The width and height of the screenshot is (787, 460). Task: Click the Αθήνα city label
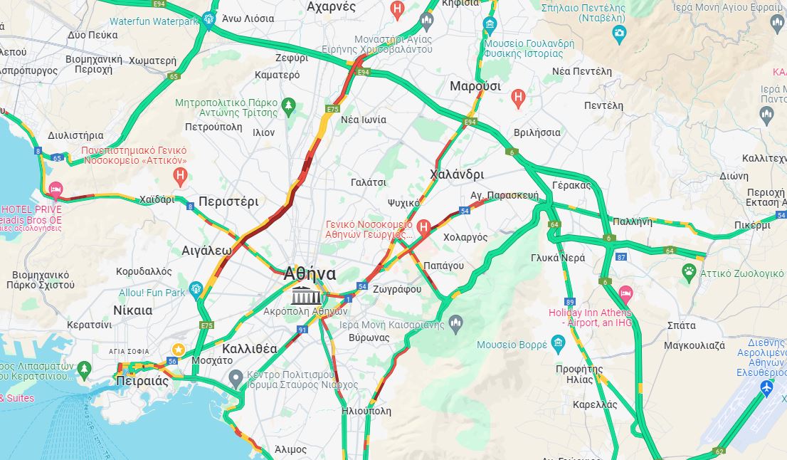point(310,273)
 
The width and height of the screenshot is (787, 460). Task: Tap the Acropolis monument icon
point(307,296)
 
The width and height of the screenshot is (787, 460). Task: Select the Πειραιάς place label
point(142,381)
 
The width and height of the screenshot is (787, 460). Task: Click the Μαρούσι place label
point(475,86)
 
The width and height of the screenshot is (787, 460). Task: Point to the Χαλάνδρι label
point(457,174)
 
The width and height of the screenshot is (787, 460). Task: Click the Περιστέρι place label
point(228,201)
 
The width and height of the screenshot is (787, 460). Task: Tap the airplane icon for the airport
point(766,388)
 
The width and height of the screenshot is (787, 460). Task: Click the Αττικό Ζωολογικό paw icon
point(689,271)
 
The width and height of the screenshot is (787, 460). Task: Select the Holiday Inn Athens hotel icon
point(625,293)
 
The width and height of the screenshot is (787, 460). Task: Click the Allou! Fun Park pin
point(197,289)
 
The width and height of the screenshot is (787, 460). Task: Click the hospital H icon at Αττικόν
point(181,174)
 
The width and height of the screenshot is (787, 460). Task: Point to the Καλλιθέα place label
point(250,349)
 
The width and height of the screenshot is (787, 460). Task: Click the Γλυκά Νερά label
point(558,258)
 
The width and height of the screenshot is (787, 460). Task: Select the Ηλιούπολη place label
point(366,411)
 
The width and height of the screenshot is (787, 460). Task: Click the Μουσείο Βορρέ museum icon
point(558,345)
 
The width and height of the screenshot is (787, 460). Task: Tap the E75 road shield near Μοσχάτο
point(207,325)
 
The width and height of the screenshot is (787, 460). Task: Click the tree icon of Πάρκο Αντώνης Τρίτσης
point(288,106)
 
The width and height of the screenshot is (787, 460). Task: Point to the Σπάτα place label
point(682,325)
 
